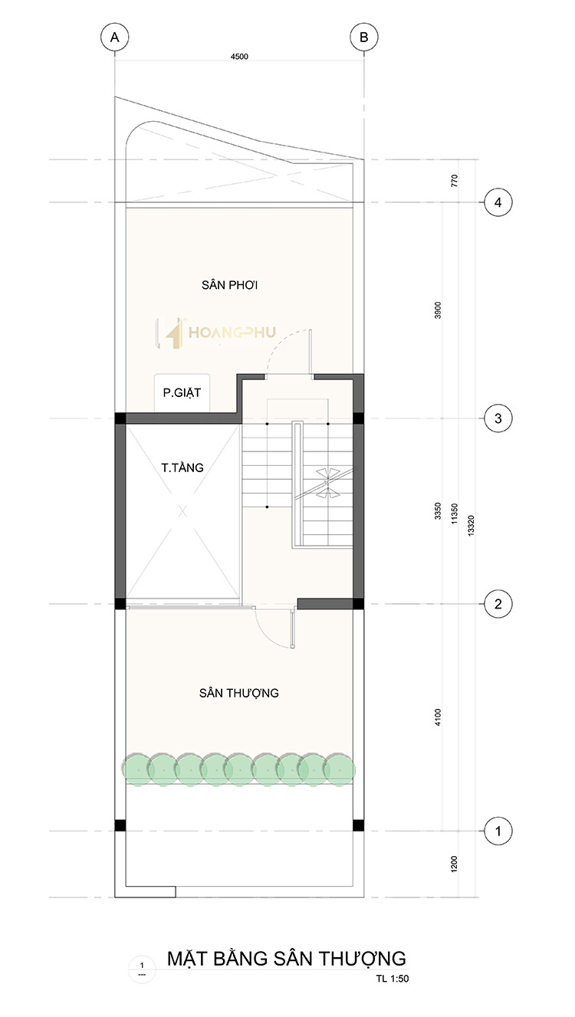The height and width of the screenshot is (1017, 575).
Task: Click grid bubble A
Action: (x=115, y=38)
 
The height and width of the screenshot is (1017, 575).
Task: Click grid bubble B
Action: (x=364, y=38)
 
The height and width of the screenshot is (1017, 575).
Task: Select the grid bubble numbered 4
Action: (x=498, y=202)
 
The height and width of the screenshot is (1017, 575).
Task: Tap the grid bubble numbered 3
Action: (x=498, y=418)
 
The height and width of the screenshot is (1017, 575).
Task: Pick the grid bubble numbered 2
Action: (x=498, y=604)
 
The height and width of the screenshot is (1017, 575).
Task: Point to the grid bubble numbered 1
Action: (x=498, y=832)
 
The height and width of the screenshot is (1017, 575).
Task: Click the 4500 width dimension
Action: (x=239, y=57)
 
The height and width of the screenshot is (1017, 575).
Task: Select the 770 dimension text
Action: (x=455, y=181)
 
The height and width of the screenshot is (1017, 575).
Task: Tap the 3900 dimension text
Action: (x=438, y=310)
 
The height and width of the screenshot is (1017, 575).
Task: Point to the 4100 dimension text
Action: (x=438, y=717)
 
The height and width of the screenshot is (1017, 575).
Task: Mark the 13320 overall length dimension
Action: (x=471, y=526)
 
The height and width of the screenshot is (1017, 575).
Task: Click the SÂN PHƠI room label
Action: (x=230, y=284)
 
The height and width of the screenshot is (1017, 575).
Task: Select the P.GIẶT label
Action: (x=182, y=392)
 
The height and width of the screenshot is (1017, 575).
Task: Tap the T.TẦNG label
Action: (x=182, y=467)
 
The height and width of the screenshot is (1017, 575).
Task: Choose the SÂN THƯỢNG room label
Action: (x=239, y=693)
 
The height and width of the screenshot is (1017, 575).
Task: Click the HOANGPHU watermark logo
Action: (x=215, y=333)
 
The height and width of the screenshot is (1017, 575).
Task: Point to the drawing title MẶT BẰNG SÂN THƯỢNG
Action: (x=287, y=959)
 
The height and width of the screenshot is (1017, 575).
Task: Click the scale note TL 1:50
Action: (x=393, y=979)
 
